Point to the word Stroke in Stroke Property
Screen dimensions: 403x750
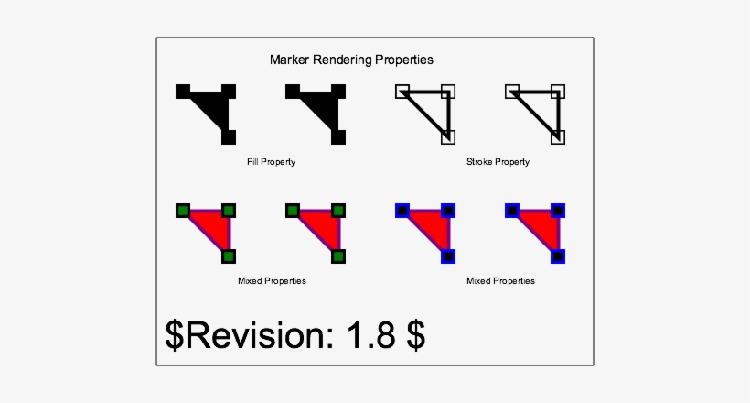click(x=479, y=162)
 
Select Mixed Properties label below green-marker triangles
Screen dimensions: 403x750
click(x=272, y=281)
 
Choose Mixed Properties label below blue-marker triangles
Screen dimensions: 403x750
click(x=500, y=281)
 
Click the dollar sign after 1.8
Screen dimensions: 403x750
click(x=415, y=335)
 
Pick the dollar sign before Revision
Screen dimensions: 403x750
click(x=174, y=335)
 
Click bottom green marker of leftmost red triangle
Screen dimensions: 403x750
click(x=229, y=256)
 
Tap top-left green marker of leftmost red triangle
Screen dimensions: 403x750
click(x=183, y=211)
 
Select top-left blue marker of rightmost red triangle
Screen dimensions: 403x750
click(x=512, y=211)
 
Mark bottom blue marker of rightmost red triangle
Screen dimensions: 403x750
click(x=557, y=256)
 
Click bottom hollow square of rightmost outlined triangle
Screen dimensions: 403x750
click(x=557, y=137)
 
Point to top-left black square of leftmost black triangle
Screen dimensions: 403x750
click(x=183, y=91)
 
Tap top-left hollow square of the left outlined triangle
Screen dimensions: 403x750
click(x=402, y=91)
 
